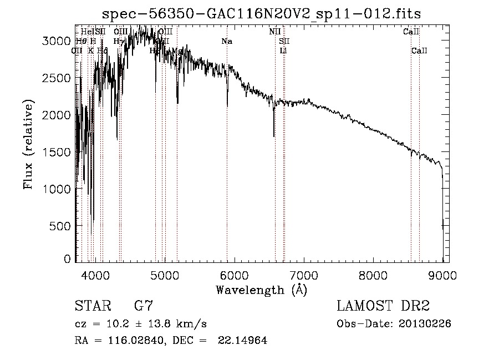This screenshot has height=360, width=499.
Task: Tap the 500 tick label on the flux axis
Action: pyautogui.click(x=60, y=226)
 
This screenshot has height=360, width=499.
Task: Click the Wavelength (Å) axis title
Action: pyautogui.click(x=262, y=290)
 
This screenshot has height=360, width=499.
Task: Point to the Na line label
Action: pyautogui.click(x=226, y=42)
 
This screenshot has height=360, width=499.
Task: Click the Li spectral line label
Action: pyautogui.click(x=283, y=51)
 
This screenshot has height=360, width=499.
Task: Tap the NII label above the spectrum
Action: pyautogui.click(x=274, y=32)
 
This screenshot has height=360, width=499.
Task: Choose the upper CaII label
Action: pyautogui.click(x=411, y=32)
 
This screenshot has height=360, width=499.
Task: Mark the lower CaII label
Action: pyautogui.click(x=419, y=51)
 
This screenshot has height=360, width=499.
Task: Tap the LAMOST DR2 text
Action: pyautogui.click(x=383, y=306)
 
